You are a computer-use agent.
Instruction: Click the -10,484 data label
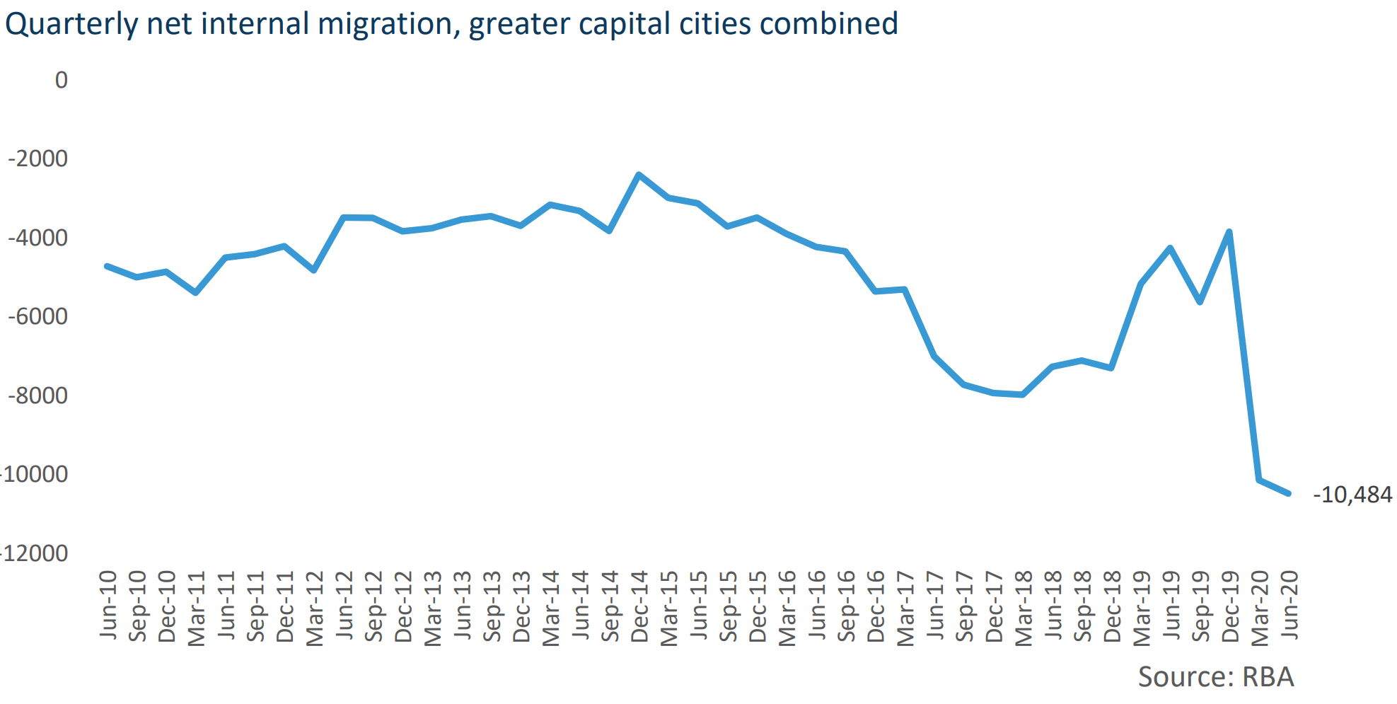tap(1352, 495)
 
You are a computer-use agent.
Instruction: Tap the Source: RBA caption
tap(1215, 677)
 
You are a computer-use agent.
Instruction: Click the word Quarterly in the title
tap(71, 25)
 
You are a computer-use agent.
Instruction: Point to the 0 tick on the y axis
tap(62, 80)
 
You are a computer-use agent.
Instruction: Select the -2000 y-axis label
tap(38, 158)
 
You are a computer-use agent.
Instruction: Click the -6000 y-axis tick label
tap(38, 316)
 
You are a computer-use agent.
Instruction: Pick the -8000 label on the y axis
tap(38, 396)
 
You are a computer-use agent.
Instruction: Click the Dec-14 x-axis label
tap(639, 606)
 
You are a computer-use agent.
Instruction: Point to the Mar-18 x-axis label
tap(1024, 608)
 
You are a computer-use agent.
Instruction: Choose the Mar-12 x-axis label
tap(314, 608)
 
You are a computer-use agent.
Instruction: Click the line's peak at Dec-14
tap(639, 174)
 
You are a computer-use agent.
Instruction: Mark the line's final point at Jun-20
tap(1289, 494)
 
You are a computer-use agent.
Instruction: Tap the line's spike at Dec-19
tap(1229, 231)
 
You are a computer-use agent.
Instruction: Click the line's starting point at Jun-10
tap(107, 266)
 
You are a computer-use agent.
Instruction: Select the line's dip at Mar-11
tap(195, 292)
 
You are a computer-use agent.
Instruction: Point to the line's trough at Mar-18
tap(1023, 395)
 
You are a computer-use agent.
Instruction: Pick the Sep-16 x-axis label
tap(846, 606)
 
